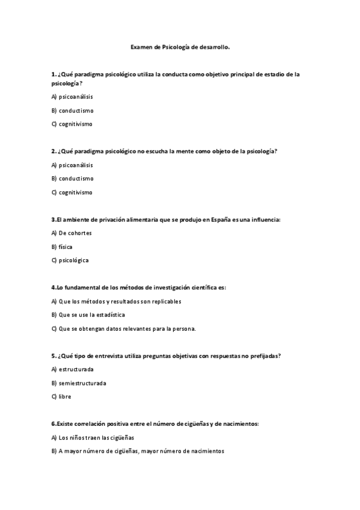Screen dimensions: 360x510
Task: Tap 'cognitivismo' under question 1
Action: pos(76,124)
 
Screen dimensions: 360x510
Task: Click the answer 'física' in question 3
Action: pos(66,247)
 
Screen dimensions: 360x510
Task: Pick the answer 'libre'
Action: pos(65,397)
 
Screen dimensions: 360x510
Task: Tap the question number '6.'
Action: pos(54,424)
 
